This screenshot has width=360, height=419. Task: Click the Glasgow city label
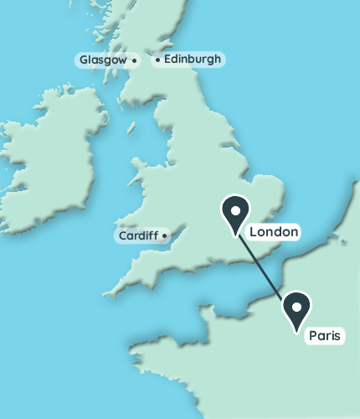click(102, 60)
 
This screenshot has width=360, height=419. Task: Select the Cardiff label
click(137, 235)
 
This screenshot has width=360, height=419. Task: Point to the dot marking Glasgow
click(134, 60)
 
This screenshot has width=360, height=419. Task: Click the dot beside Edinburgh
click(157, 59)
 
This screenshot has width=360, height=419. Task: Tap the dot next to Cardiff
click(165, 235)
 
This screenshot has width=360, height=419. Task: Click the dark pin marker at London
click(235, 213)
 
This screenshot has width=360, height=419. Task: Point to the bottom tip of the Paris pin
click(297, 332)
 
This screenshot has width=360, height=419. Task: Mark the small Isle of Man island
click(131, 128)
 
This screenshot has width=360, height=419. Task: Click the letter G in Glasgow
click(84, 60)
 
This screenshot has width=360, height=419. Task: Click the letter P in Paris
click(312, 336)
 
